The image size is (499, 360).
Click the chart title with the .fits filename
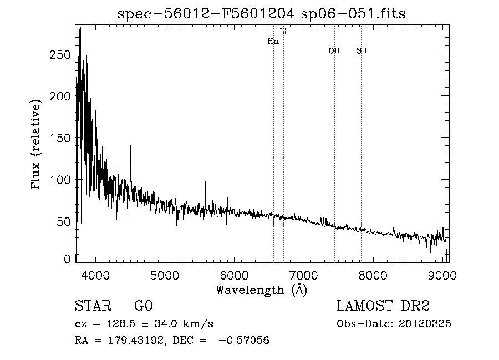[x=261, y=14]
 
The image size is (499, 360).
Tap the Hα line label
[x=273, y=41]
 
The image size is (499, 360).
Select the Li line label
[x=283, y=32]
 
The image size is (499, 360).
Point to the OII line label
[x=334, y=51]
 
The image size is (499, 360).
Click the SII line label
[x=361, y=51]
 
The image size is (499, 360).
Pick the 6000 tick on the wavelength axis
[x=234, y=275]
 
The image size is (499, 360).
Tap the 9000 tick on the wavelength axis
[x=442, y=275]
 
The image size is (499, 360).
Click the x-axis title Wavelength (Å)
[x=261, y=290]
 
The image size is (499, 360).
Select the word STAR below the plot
[x=93, y=306]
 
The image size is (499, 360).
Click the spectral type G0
[x=142, y=306]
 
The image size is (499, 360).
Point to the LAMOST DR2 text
[x=383, y=306]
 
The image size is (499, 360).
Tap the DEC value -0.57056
[x=245, y=341]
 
